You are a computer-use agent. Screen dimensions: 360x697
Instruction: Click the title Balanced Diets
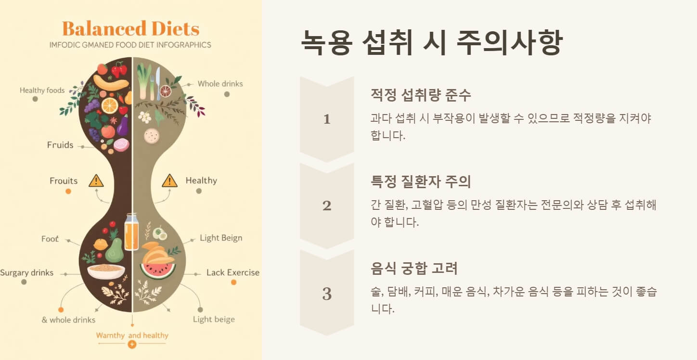coord(130,29)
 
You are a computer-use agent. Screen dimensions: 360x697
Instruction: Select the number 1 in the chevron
coord(327,119)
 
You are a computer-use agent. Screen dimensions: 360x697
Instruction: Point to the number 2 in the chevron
coord(327,206)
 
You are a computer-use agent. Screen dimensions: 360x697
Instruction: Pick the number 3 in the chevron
coord(327,294)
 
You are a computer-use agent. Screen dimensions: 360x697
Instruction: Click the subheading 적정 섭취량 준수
coord(421,95)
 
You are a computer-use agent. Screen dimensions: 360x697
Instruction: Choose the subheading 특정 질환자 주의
coord(421,181)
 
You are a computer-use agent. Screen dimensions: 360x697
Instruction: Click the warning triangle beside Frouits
coord(96,181)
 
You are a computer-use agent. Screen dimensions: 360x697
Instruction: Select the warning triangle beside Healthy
coord(169,181)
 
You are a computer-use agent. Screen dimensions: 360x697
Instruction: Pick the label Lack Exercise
coord(233,272)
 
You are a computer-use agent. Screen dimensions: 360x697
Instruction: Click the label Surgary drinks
coord(27,273)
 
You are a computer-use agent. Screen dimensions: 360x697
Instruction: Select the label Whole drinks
coord(220,84)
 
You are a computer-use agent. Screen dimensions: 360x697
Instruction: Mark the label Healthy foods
coord(42,90)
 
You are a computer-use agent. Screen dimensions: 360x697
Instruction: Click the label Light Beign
coord(221,238)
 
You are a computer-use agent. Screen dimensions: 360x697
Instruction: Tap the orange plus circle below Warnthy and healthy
coord(132,345)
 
